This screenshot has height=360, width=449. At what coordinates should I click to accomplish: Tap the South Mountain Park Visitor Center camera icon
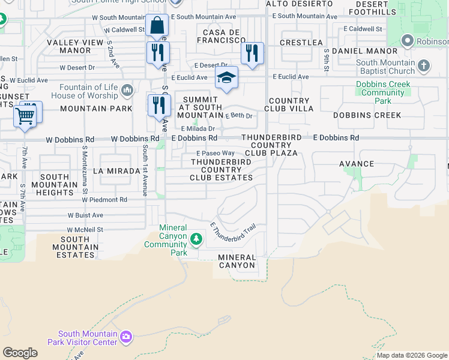[125, 337]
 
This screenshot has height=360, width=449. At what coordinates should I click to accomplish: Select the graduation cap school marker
[227, 77]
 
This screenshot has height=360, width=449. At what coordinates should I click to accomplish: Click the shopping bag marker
[157, 26]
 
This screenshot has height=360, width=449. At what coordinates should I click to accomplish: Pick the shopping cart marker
[25, 115]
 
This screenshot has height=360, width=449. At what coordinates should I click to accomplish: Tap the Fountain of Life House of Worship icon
[127, 91]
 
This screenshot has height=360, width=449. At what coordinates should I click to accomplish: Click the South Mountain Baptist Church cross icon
[424, 65]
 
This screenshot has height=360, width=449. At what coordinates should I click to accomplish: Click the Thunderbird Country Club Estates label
[221, 170]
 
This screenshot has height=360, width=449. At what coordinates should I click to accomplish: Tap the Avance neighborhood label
[357, 164]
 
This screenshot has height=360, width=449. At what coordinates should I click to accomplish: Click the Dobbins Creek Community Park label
[383, 92]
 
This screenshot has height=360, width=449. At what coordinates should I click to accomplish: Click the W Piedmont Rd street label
[106, 200]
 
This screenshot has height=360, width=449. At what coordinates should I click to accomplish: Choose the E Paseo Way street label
[215, 154]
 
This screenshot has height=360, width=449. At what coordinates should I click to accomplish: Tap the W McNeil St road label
[85, 229]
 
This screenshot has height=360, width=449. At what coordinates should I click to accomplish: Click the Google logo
[20, 353]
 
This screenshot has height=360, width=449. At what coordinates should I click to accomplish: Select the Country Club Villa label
[291, 104]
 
